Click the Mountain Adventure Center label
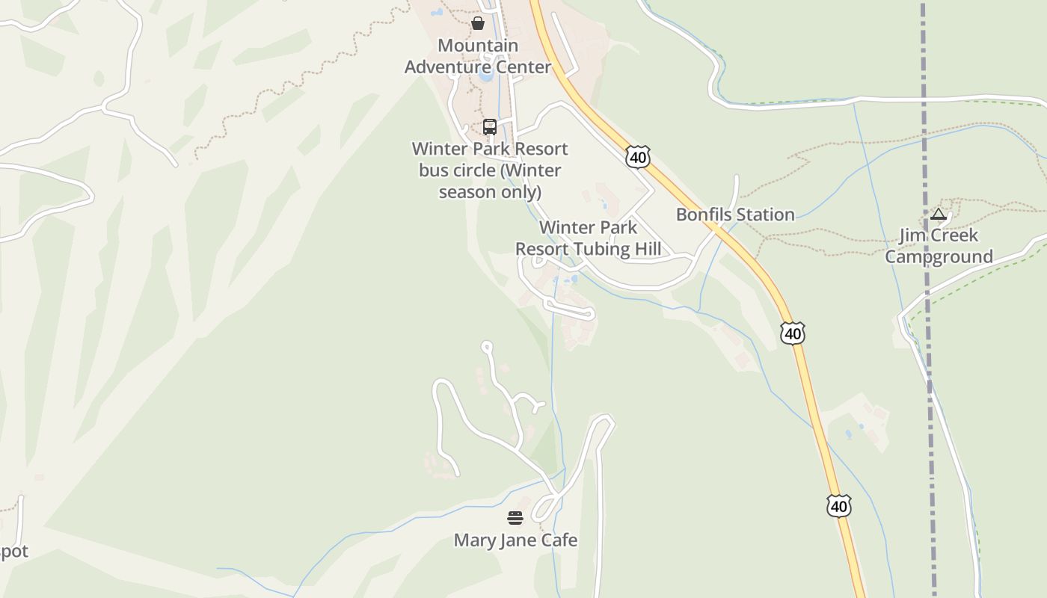click(x=478, y=56)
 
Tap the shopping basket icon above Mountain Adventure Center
click(x=478, y=23)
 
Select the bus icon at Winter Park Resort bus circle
click(x=490, y=126)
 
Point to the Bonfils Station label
click(x=735, y=215)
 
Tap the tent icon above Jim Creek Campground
click(x=939, y=215)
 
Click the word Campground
click(x=939, y=257)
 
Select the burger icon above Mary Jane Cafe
click(x=515, y=518)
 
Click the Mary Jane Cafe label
click(x=515, y=540)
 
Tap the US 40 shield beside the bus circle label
click(x=638, y=157)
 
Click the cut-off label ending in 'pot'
click(x=13, y=552)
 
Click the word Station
click(x=763, y=215)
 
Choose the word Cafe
click(x=560, y=540)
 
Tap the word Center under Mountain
click(x=521, y=67)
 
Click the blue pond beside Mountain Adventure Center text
click(x=486, y=75)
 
